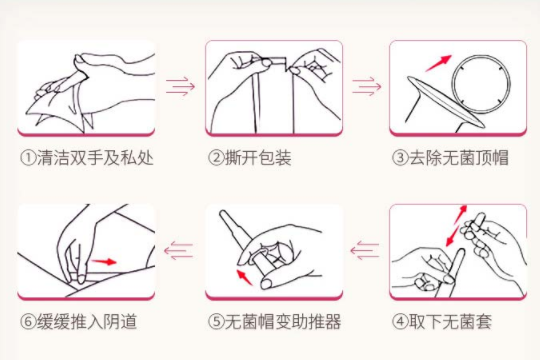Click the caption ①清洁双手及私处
[86, 158]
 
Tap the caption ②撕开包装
[250, 158]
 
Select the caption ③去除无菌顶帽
[450, 158]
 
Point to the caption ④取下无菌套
[442, 322]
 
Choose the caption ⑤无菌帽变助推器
[274, 322]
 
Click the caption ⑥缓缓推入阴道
[79, 322]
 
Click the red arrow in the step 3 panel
[438, 63]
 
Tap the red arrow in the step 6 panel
[104, 262]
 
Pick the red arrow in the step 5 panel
[245, 277]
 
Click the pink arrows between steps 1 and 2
[180, 86]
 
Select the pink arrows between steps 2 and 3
[366, 86]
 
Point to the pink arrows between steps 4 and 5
[365, 250]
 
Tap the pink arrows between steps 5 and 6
[178, 250]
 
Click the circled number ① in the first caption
[28, 158]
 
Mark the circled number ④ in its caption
[400, 322]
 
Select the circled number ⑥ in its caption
[28, 322]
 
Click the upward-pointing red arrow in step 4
[460, 214]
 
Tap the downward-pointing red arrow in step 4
[453, 236]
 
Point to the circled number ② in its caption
[216, 158]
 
